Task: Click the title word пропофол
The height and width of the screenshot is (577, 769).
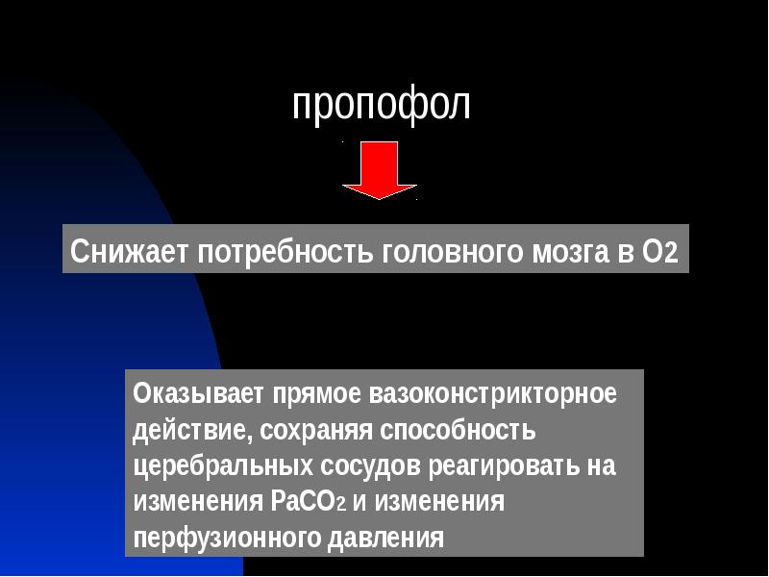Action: pyautogui.click(x=382, y=105)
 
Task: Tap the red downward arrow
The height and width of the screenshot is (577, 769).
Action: pyautogui.click(x=379, y=171)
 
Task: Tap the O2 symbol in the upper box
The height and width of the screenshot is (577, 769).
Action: pyautogui.click(x=658, y=252)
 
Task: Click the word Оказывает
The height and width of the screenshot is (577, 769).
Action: pyautogui.click(x=198, y=393)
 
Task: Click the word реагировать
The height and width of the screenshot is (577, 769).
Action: pyautogui.click(x=501, y=466)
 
